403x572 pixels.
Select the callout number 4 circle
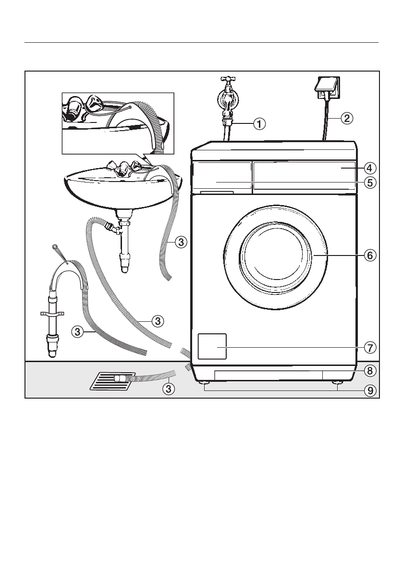[369, 168]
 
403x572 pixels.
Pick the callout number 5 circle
[369, 183]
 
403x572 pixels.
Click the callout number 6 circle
[369, 255]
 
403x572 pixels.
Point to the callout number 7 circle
[369, 347]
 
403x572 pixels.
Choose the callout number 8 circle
[369, 370]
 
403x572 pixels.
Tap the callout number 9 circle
[369, 390]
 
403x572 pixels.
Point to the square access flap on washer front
[212, 346]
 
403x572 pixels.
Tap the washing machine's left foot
[205, 383]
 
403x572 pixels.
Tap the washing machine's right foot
[338, 383]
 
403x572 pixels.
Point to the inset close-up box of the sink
[118, 123]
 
